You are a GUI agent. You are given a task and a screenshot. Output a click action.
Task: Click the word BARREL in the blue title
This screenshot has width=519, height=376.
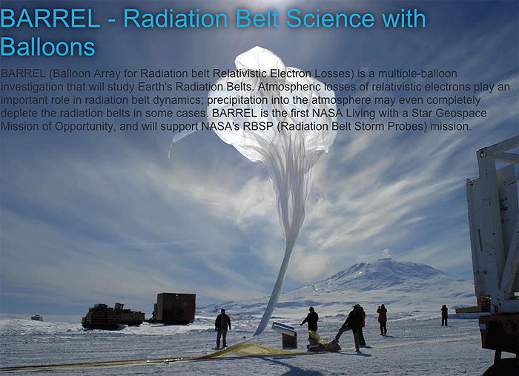(x=50, y=19)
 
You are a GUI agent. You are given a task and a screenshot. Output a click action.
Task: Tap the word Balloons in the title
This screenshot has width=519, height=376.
(x=47, y=47)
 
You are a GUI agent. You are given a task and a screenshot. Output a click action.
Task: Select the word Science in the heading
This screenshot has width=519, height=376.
(x=331, y=19)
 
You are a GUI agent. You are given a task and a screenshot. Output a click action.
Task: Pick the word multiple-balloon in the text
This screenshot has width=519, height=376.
(x=417, y=73)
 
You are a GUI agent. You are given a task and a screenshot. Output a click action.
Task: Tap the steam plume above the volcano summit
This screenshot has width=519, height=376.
(x=386, y=254)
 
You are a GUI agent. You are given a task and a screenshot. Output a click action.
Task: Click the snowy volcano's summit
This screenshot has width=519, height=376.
(x=386, y=260)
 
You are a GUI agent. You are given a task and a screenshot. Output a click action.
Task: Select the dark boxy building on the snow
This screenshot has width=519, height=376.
(x=175, y=309)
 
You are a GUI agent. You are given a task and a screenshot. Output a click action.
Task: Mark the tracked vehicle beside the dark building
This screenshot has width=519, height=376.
(x=113, y=317)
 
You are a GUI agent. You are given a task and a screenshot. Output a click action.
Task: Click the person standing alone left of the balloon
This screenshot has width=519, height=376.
(x=222, y=328)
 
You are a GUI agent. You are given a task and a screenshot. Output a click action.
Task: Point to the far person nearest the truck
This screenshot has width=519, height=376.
(x=444, y=315)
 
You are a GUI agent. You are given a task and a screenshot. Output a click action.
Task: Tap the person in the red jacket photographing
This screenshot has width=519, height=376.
(x=382, y=320)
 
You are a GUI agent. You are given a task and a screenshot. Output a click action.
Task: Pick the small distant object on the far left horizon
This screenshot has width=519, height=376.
(x=37, y=317)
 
